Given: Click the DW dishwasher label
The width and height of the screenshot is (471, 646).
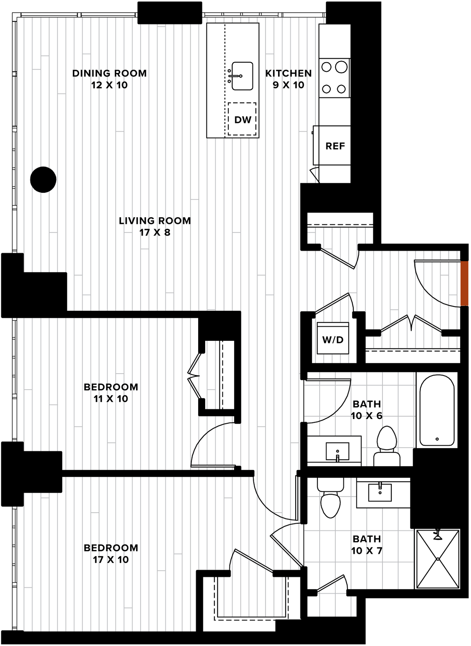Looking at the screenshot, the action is click(x=243, y=120).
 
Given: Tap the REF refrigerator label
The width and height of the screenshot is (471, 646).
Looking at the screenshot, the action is click(x=335, y=146).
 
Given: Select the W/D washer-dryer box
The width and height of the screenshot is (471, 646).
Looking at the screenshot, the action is click(x=333, y=338).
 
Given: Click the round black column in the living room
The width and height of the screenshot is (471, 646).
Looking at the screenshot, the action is click(x=43, y=179).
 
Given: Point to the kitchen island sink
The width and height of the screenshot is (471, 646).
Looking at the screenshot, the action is click(x=242, y=76).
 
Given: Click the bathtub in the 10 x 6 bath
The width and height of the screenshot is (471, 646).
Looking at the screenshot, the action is click(x=437, y=410).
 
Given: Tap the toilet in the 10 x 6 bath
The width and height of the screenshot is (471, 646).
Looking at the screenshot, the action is click(x=387, y=446).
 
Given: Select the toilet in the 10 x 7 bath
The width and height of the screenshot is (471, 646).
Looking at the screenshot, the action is click(x=330, y=498).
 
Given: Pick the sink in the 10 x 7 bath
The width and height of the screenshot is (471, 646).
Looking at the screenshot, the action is click(x=380, y=492).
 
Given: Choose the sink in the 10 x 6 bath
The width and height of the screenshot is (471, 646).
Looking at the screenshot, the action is click(x=337, y=451).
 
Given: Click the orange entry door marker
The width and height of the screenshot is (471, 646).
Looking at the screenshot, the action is click(x=464, y=284).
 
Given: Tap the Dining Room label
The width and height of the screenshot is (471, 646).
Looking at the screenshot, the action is click(x=109, y=73).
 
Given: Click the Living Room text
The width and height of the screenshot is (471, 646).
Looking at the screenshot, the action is click(x=155, y=221).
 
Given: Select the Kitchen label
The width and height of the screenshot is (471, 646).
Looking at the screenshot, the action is click(x=288, y=73).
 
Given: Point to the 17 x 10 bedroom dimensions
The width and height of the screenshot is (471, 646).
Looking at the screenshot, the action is click(x=111, y=560).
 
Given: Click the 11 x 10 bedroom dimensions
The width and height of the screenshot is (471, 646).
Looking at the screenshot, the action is click(x=111, y=399).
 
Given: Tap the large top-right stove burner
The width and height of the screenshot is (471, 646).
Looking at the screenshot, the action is click(x=341, y=67).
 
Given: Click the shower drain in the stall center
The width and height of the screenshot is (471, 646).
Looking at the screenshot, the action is click(x=438, y=559).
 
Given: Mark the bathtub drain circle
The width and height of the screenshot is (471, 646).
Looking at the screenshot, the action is click(x=437, y=439).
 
